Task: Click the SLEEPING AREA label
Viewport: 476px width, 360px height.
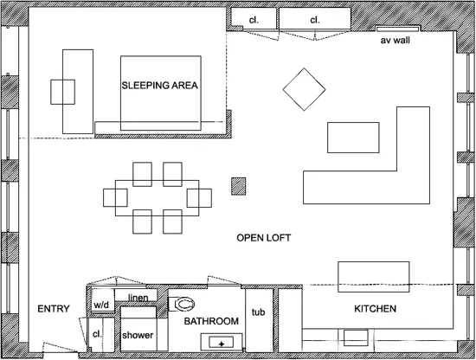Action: [160, 86]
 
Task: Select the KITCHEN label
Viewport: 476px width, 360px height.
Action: [376, 309]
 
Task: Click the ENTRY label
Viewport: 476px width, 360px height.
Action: [54, 309]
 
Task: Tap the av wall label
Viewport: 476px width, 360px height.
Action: [395, 41]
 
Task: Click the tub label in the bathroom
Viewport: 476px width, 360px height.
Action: [257, 312]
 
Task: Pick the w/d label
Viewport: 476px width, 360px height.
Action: [101, 305]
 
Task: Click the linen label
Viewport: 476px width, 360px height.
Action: [138, 298]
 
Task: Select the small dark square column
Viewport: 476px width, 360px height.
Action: [239, 185]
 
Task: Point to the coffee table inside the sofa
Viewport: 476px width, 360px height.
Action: [353, 138]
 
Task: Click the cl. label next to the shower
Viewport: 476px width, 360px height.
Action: [97, 333]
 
